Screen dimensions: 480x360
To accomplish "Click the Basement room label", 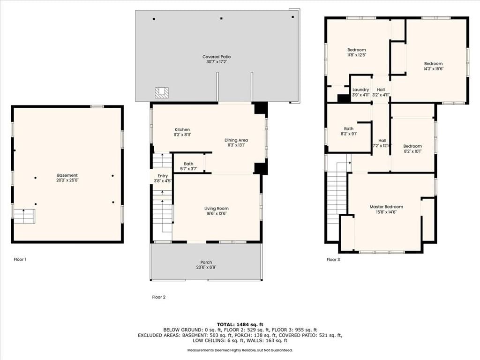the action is click(x=67, y=175).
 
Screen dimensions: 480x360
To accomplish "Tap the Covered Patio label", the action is click(x=217, y=57).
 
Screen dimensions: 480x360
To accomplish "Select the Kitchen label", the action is click(x=182, y=129).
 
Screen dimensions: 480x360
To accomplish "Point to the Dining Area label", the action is click(x=236, y=140).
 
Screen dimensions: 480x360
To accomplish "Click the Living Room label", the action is click(x=217, y=209).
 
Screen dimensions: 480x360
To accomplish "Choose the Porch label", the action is click(x=206, y=262).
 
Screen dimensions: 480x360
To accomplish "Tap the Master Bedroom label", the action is click(x=386, y=207).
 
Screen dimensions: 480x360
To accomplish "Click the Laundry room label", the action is click(x=360, y=90).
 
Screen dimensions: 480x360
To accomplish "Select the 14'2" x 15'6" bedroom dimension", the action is click(x=433, y=69).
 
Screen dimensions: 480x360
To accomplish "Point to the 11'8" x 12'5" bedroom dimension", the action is click(x=356, y=55).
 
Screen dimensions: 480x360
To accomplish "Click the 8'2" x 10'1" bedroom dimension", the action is click(x=412, y=151).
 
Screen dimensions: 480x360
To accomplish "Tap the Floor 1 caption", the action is click(x=20, y=260).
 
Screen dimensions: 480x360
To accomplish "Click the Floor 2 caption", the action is click(x=158, y=297).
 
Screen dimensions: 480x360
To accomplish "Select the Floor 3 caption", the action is click(x=333, y=260).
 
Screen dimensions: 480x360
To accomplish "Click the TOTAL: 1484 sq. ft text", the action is click(x=240, y=324).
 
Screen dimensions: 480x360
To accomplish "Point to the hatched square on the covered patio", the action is click(x=161, y=93).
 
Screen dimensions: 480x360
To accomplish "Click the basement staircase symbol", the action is click(x=24, y=216).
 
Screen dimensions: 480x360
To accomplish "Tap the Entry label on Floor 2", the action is click(x=163, y=176).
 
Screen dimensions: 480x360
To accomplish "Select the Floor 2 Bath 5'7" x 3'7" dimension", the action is click(x=188, y=169).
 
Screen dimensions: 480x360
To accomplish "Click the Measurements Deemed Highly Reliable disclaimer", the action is click(x=240, y=350).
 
